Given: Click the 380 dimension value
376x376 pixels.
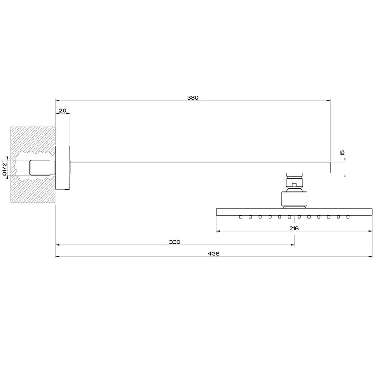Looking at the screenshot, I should click(193, 97).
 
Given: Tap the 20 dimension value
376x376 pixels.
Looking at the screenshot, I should click(62, 110).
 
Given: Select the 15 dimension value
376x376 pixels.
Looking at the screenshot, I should click(342, 153).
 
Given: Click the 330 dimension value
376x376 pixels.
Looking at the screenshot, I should click(175, 242).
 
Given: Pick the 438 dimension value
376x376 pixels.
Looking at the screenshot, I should click(215, 253).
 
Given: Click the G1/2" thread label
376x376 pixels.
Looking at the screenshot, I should click(4, 167).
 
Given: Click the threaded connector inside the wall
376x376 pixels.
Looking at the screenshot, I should click(42, 168).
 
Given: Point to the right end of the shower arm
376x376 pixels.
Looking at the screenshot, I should click(329, 168).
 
